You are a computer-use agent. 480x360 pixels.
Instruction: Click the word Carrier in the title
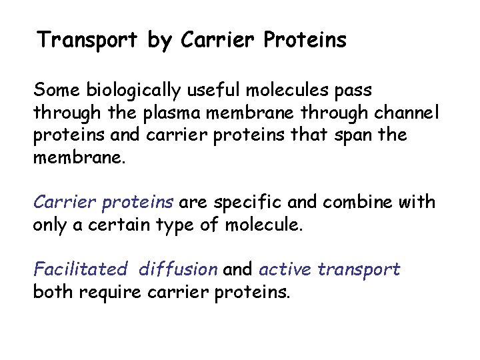(x=217, y=41)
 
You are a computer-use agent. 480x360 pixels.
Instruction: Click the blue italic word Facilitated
(x=80, y=269)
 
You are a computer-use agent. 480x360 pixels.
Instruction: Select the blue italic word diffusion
(x=178, y=269)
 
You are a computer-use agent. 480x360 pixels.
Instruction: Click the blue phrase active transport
(x=329, y=269)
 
